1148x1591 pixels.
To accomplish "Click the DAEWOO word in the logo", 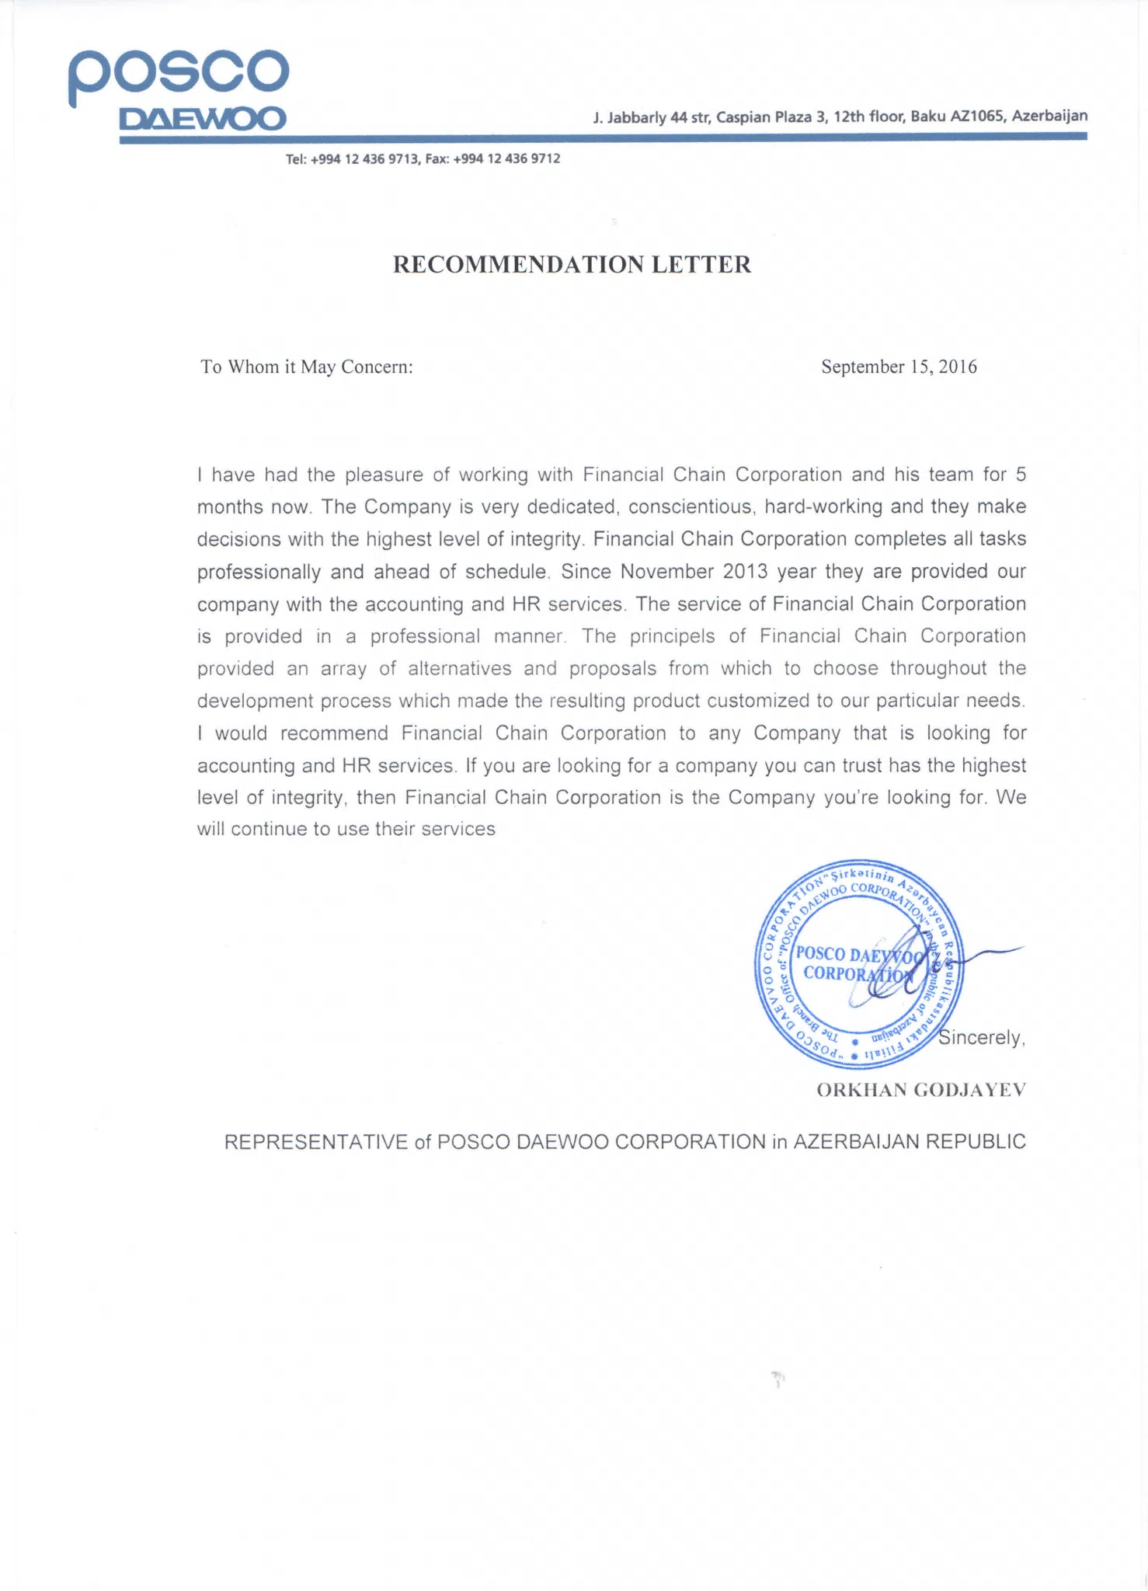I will (203, 120).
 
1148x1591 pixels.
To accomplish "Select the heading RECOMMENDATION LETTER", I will (572, 265).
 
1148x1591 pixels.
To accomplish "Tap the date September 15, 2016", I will (899, 367).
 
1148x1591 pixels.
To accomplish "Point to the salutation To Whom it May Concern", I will (306, 367).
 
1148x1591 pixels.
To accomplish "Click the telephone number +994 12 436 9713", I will (365, 159).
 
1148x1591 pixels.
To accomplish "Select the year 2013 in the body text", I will (745, 572).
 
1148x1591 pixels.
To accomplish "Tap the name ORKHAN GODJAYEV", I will (921, 1090).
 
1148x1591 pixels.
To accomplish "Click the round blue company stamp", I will (858, 965).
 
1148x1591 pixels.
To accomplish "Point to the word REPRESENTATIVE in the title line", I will (315, 1142).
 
